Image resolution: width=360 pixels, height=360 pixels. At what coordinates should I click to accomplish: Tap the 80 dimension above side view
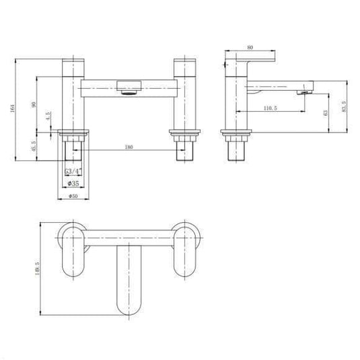[x=250, y=48]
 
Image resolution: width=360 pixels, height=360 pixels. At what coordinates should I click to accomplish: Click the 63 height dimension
[x=326, y=114]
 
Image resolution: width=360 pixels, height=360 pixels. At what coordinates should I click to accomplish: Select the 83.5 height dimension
[x=344, y=107]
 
